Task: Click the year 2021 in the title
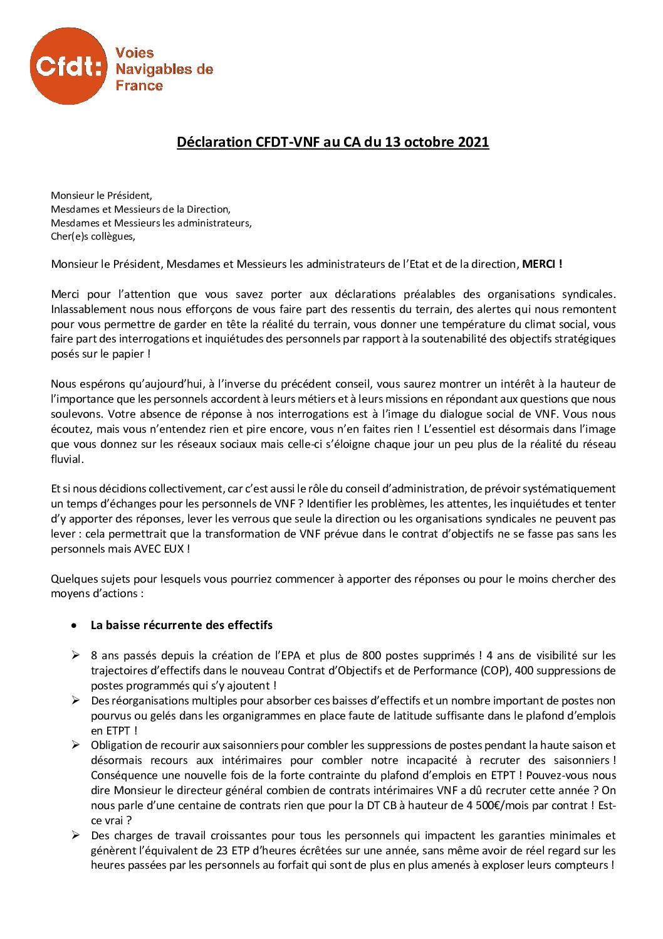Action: click(x=473, y=142)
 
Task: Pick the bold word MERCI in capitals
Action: click(x=540, y=265)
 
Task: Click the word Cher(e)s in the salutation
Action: click(x=68, y=237)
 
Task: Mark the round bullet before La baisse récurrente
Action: click(x=75, y=625)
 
